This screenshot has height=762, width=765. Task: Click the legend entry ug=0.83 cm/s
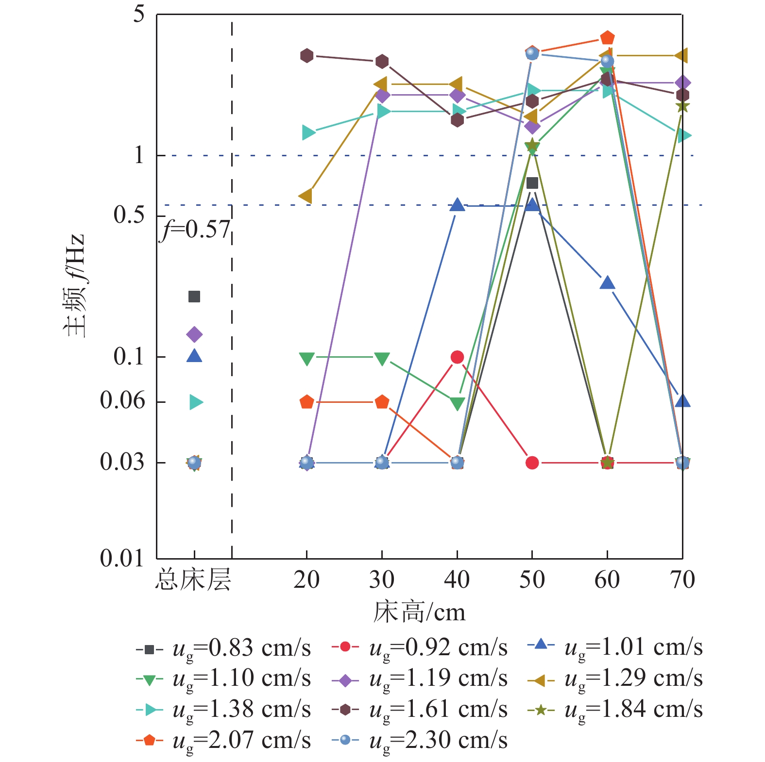223,648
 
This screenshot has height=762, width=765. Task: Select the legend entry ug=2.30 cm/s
420,741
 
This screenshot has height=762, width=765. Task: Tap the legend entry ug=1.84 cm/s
615,710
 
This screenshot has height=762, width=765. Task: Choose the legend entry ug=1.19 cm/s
420,679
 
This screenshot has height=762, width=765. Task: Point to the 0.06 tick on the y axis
122,401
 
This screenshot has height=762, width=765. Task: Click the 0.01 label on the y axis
122,558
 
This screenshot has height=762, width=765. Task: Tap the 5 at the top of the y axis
139,15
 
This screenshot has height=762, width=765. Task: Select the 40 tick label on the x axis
457,580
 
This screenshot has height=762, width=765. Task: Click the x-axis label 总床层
193,580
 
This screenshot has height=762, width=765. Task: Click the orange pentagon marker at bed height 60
607,38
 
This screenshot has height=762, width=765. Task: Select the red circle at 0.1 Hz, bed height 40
457,357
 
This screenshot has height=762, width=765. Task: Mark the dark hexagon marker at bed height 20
306,56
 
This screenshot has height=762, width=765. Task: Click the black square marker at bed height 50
532,183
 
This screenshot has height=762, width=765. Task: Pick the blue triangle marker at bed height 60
607,283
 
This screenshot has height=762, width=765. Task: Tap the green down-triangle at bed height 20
306,359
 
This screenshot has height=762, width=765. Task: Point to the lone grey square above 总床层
194,297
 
